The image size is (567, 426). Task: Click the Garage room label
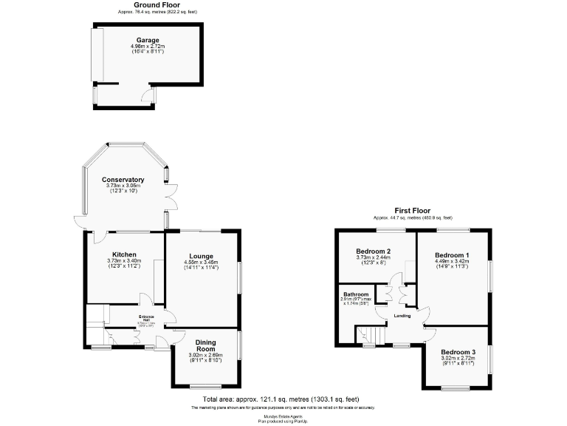148,40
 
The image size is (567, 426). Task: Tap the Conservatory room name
123,180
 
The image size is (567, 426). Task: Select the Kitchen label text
124,254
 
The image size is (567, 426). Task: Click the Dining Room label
205,345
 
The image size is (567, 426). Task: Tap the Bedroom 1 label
452,254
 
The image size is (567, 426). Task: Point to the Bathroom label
355,294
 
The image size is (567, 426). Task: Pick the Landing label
402,316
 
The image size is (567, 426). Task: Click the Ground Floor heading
157,5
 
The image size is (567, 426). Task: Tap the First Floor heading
412,211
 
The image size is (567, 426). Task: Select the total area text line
283,400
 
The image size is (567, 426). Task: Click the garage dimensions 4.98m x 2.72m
148,47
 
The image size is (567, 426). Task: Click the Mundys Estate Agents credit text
283,416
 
